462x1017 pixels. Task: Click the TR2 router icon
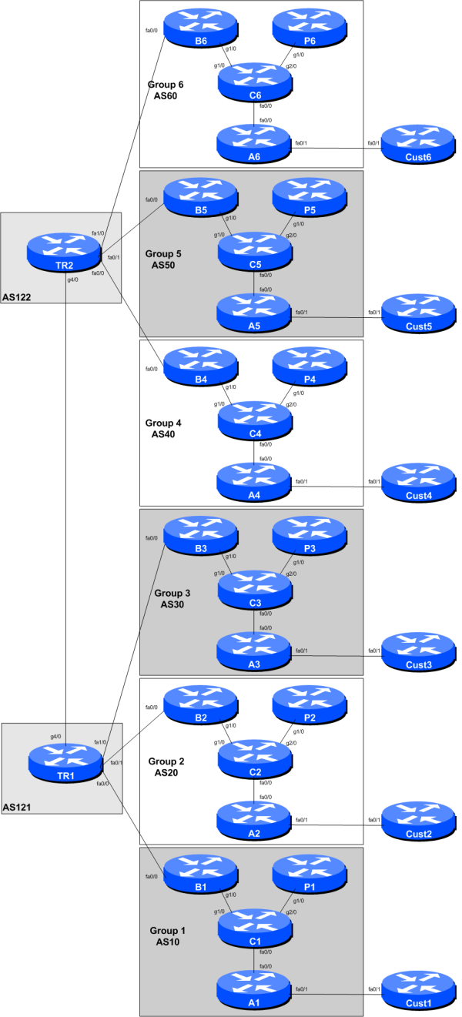63,249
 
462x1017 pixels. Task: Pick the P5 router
310,196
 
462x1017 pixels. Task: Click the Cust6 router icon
419,143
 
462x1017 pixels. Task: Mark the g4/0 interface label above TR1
55,737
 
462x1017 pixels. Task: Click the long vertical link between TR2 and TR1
65,500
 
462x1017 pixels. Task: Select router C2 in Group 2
255,759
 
